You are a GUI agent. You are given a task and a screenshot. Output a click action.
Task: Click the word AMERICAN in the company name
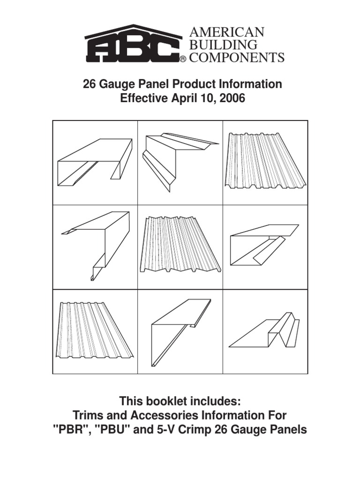[x=226, y=32]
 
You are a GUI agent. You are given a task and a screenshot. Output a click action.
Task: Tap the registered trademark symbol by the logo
[x=183, y=60]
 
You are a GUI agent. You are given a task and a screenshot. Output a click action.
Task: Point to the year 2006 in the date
[x=234, y=99]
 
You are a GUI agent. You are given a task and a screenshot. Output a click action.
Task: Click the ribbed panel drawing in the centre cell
[x=179, y=244]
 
